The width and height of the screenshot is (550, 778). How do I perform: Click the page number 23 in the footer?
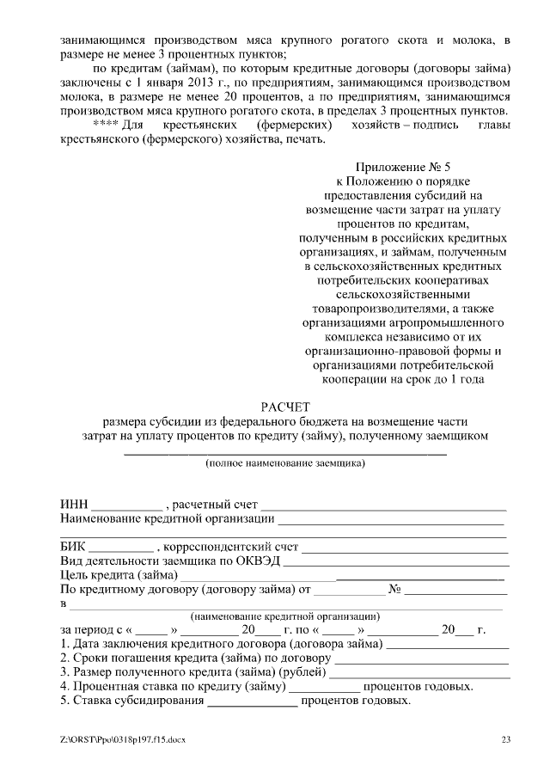[506, 738]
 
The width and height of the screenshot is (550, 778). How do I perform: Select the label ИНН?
[74, 504]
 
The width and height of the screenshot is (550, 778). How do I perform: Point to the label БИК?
[73, 546]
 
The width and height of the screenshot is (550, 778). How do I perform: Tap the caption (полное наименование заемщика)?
[284, 463]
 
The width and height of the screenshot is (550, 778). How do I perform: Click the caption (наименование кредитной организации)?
[284, 616]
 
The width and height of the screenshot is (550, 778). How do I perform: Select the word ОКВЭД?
[259, 561]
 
